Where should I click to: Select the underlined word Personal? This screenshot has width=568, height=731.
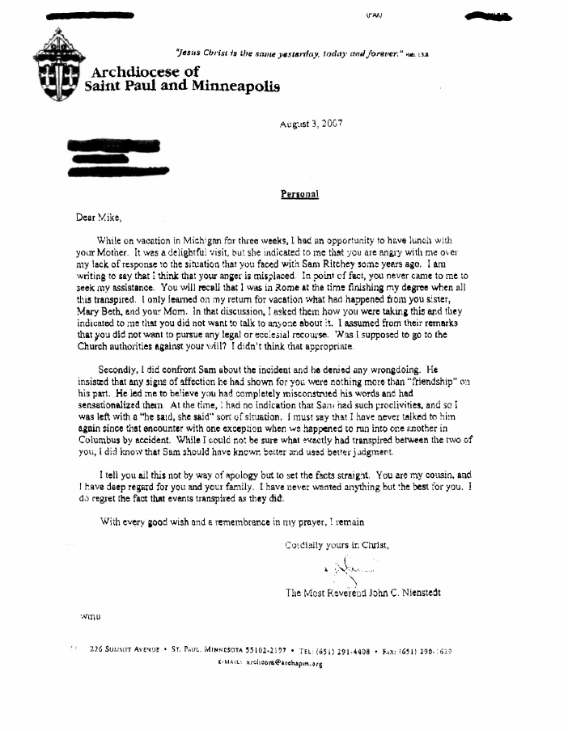(299, 194)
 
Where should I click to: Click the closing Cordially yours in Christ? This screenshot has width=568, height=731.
(337, 545)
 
